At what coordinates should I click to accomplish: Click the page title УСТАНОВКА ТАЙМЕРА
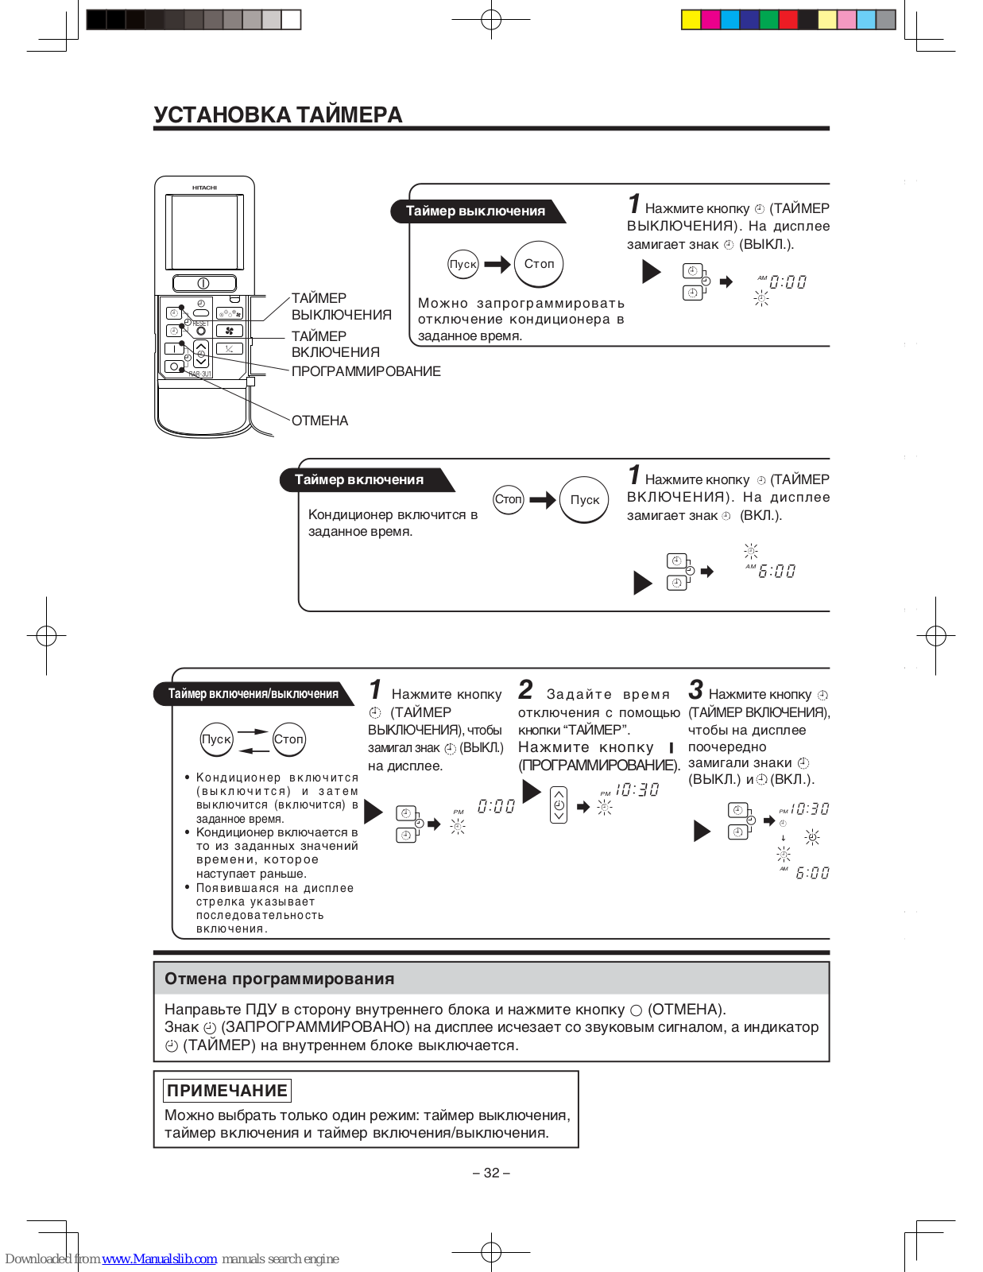click(277, 115)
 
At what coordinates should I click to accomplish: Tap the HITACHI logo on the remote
click(204, 188)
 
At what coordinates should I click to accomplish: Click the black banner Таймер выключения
click(475, 211)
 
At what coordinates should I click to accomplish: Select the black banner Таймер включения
click(359, 480)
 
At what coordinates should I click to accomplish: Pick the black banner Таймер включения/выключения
click(253, 694)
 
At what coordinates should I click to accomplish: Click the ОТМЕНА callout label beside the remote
click(319, 421)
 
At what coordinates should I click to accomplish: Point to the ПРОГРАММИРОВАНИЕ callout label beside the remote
click(366, 371)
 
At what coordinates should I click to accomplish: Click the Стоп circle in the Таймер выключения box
click(539, 264)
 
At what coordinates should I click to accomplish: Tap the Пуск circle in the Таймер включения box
click(584, 500)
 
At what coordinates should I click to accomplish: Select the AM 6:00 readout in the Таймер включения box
click(775, 571)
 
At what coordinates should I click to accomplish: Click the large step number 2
click(526, 689)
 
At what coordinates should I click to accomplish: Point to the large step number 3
click(696, 689)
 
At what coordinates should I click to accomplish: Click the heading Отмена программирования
click(279, 979)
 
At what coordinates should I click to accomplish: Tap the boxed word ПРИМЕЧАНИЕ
click(227, 1090)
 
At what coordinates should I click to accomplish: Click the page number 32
click(491, 1173)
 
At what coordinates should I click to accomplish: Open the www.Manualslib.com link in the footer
click(159, 1258)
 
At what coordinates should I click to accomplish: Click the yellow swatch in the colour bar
click(691, 20)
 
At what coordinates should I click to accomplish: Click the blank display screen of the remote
click(203, 232)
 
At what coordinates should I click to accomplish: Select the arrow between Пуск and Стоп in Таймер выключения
click(497, 264)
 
